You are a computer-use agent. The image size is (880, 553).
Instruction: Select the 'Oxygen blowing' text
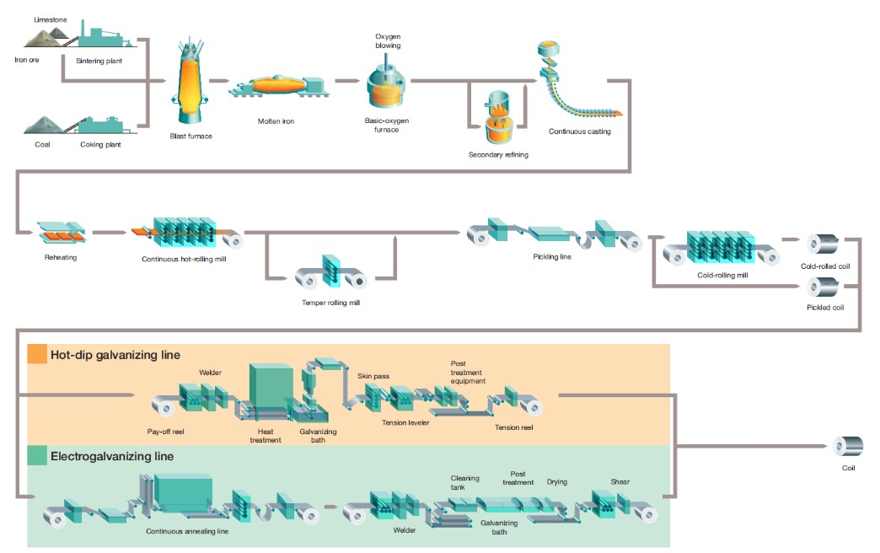387,40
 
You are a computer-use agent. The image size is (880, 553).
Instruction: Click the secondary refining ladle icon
497,118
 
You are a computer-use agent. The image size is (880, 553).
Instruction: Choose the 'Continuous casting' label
579,132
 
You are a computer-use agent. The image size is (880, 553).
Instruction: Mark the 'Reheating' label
60,257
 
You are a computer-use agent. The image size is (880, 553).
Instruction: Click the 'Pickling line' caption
552,256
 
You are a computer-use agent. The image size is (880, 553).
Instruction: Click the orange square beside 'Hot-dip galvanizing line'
37,354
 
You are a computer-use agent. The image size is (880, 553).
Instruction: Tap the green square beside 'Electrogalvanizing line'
37,456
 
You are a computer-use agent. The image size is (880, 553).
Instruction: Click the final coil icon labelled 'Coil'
845,447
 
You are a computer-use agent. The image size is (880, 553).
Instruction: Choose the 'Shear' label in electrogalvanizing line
620,482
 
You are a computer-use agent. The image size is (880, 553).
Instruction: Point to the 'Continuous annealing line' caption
187,531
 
